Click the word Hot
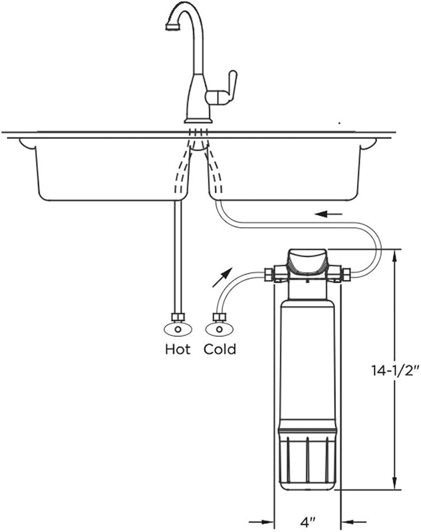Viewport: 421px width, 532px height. coord(178,349)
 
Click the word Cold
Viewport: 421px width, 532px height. coord(220,349)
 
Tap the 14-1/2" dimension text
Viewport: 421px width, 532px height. coord(394,371)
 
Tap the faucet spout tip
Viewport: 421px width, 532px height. coord(172,27)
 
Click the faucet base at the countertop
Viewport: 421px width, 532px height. coord(198,120)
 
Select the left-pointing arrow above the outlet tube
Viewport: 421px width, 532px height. coord(329,214)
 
